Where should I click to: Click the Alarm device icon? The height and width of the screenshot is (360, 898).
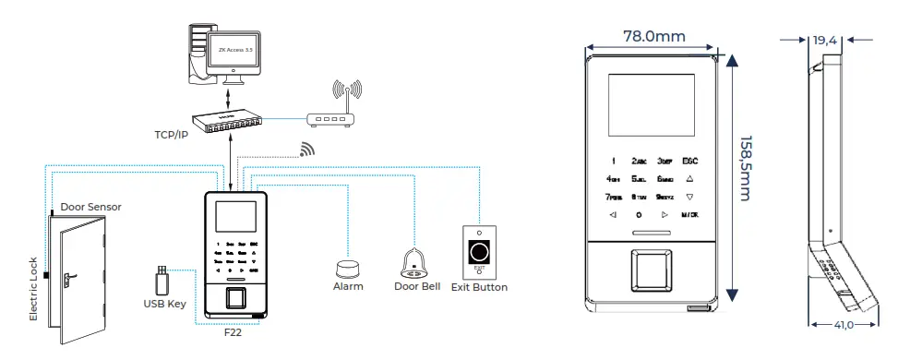point(348,268)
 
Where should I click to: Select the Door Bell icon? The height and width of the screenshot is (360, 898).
point(414,264)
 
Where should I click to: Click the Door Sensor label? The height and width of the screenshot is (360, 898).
point(90,207)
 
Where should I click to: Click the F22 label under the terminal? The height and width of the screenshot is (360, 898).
point(233,332)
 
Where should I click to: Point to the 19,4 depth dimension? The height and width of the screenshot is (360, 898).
point(825,41)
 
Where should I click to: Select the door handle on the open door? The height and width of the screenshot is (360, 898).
point(66,276)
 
